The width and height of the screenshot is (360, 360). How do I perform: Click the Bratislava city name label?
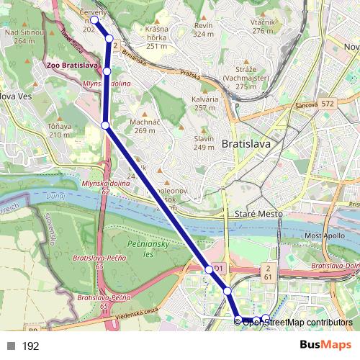pyautogui.click(x=246, y=143)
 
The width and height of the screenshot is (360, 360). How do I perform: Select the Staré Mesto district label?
pyautogui.click(x=255, y=214)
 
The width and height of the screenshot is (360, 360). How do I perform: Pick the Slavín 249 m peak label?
pyautogui.click(x=204, y=143)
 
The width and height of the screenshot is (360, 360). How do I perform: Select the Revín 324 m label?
pyautogui.click(x=204, y=30)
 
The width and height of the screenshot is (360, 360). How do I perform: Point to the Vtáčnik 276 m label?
pyautogui.click(x=263, y=27)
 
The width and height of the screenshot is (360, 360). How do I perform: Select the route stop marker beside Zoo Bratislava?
pyautogui.click(x=107, y=71)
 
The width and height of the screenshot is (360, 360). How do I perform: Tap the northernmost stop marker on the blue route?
pyautogui.click(x=94, y=19)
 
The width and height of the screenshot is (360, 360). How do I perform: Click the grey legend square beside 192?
pyautogui.click(x=10, y=346)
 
